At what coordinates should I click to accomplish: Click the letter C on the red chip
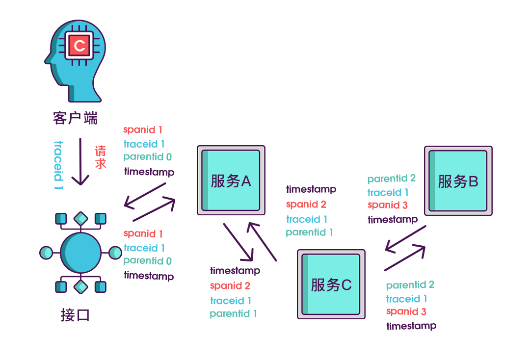pos(79,46)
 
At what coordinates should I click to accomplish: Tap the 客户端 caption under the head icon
pos(75,118)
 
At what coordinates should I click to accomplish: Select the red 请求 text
pos(101,157)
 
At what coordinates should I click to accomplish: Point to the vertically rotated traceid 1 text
pos(58,166)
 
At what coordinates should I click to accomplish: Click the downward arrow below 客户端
pos(80,161)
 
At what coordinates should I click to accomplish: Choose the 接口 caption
pos(75,315)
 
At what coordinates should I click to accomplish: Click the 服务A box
pos(231,180)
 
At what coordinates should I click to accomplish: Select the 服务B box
pos(458,181)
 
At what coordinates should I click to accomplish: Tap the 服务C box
pos(331,284)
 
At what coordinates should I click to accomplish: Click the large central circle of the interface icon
pos(80,253)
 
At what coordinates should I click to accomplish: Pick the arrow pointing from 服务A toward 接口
pos(145,195)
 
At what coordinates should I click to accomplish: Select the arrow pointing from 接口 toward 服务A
pos(154,209)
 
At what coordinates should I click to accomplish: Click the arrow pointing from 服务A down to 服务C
pos(238,242)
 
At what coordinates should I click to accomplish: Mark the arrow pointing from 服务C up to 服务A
pos(263,241)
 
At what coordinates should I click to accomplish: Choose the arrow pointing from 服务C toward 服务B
pos(405,257)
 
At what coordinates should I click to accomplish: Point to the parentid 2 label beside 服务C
pos(410,285)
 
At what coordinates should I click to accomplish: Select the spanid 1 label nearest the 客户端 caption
pos(142,130)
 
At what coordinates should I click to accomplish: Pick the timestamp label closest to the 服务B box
pos(393,220)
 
